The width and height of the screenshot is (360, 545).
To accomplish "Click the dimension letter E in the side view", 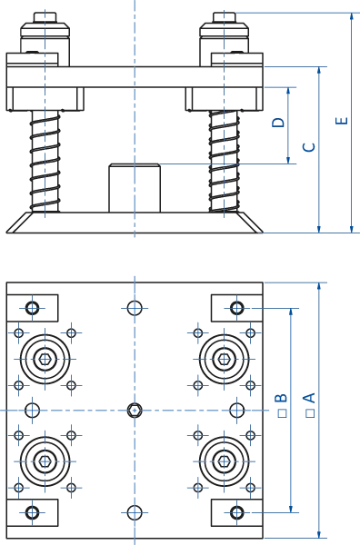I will (x=341, y=122).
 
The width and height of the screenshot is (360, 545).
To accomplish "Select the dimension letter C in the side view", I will (x=307, y=144).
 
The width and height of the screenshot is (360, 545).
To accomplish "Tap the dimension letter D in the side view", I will (x=281, y=122).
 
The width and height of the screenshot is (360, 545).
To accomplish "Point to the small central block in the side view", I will (x=134, y=187).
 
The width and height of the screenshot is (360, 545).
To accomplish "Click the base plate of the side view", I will (x=134, y=221).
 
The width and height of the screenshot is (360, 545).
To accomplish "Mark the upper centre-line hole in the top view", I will (x=134, y=308).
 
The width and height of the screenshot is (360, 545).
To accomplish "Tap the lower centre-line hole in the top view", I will (x=134, y=512).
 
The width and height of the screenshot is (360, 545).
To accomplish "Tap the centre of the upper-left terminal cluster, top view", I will (x=45, y=358).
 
